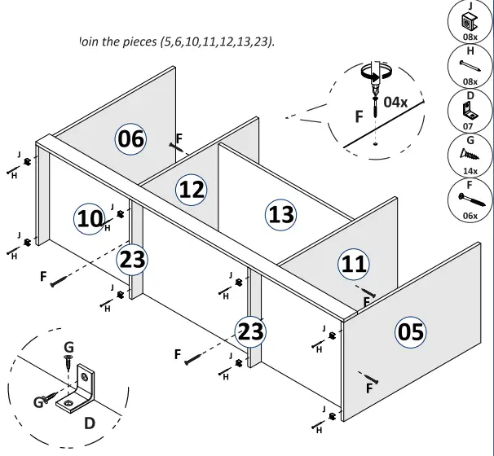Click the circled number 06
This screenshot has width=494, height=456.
tap(130, 139)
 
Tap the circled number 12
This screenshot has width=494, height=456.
tap(192, 191)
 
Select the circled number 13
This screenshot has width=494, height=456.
tap(281, 214)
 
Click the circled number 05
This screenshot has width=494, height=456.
tap(410, 331)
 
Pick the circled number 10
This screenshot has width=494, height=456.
tap(90, 218)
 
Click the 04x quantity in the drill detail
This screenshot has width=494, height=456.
tap(395, 102)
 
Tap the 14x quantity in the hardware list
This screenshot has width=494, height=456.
tap(470, 171)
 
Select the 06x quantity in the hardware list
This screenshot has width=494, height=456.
tap(470, 216)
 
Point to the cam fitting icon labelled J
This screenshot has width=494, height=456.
tap(470, 22)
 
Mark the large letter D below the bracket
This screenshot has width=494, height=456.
tap(90, 423)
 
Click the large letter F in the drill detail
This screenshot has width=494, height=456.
tap(359, 117)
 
